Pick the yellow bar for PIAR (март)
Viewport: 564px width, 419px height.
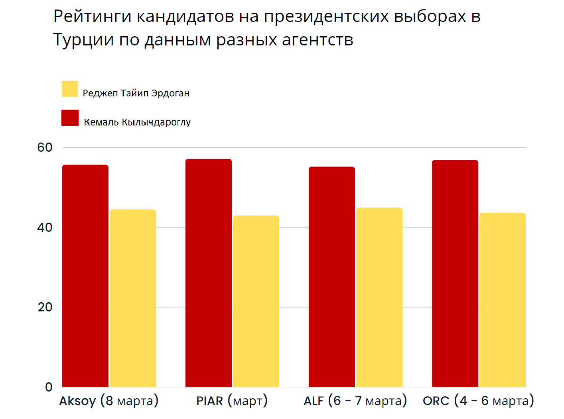coord(256,301)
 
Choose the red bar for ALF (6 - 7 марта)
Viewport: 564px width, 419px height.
coord(332,277)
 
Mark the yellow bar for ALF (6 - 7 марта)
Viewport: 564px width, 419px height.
coord(379,297)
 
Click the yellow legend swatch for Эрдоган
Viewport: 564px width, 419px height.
coord(70,89)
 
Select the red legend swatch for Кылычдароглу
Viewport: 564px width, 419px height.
coord(70,118)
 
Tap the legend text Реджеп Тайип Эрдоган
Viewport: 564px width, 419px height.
coord(136,93)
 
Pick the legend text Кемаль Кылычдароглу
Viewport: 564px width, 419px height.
coord(137,122)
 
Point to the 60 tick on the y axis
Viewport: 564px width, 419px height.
coord(45,147)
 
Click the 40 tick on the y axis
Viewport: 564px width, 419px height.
coord(45,227)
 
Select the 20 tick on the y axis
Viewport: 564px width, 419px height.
coord(45,307)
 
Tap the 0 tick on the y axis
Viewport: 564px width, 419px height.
coord(49,387)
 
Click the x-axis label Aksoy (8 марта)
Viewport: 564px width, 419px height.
coord(109,401)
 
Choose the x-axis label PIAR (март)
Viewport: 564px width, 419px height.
coord(232,401)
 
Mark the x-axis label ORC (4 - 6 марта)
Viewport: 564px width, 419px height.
coord(478,401)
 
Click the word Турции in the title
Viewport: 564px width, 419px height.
coord(83,40)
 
